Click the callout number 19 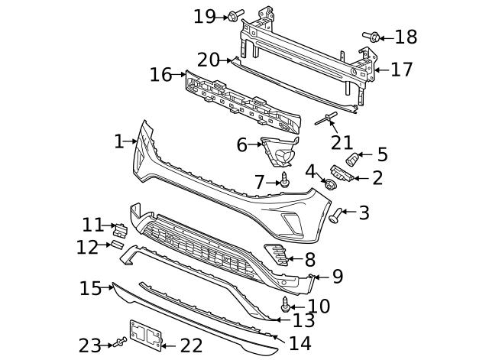205,15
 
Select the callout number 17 401,70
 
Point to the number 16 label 161,75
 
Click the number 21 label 342,142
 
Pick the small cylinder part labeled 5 354,160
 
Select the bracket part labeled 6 279,151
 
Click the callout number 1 118,141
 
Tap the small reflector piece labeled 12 117,245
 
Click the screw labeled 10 286,304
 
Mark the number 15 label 91,288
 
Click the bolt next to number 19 232,15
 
